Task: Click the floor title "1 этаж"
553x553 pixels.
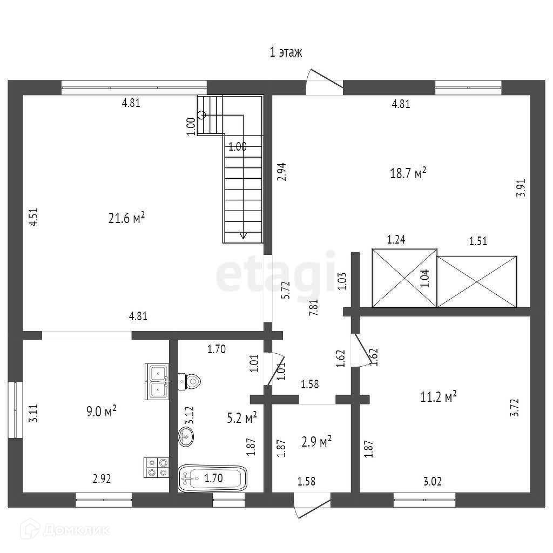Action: pos(286,52)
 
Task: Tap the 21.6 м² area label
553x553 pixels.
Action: pos(127,218)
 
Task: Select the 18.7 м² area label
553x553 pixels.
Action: pos(408,173)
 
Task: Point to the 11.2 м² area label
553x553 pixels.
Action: pos(439,397)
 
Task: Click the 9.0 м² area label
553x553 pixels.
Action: pos(102,412)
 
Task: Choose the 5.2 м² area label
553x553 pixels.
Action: pos(241,417)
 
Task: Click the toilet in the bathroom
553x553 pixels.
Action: pos(189,381)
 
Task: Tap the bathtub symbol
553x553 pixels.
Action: pos(212,477)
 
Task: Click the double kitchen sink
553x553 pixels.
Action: pos(157,381)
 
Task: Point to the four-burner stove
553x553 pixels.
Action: pos(157,467)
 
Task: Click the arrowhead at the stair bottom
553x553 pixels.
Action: pos(243,235)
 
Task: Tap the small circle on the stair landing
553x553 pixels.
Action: pos(202,114)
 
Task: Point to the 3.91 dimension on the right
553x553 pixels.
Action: pos(521,189)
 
